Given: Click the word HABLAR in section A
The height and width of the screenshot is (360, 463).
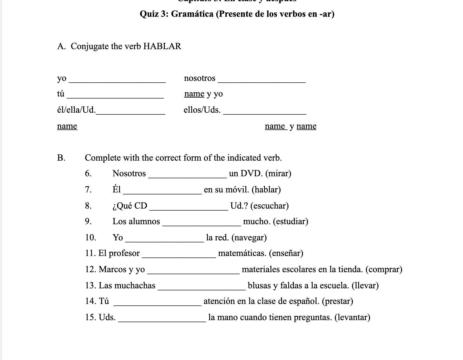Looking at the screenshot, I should [x=162, y=46].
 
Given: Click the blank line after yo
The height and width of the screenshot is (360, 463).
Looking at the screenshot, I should [x=117, y=81].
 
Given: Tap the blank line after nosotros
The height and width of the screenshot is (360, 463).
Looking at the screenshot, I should [x=262, y=81].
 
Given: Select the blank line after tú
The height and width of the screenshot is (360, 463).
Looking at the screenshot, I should [x=115, y=97].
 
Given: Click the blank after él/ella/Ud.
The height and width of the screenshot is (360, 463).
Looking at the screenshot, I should [x=130, y=113].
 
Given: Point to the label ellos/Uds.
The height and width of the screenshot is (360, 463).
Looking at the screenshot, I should [x=202, y=110].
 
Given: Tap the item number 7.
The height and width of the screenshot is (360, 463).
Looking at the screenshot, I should [x=88, y=190].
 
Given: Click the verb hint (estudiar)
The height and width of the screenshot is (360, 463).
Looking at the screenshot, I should [x=290, y=221].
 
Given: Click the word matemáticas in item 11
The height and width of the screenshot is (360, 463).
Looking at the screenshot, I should [x=242, y=253].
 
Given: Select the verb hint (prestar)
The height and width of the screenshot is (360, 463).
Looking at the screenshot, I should [x=337, y=301].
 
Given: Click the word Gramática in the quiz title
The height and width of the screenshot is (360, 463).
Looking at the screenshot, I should [x=192, y=14].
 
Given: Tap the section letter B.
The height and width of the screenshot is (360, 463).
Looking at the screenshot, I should [x=61, y=158].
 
